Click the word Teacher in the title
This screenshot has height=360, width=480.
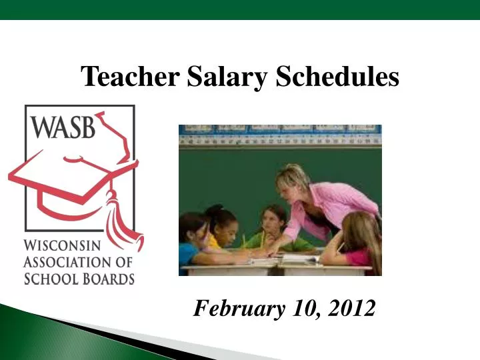click(130, 77)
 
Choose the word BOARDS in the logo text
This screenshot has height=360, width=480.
click(106, 278)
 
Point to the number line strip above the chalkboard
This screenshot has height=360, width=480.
click(280, 140)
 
